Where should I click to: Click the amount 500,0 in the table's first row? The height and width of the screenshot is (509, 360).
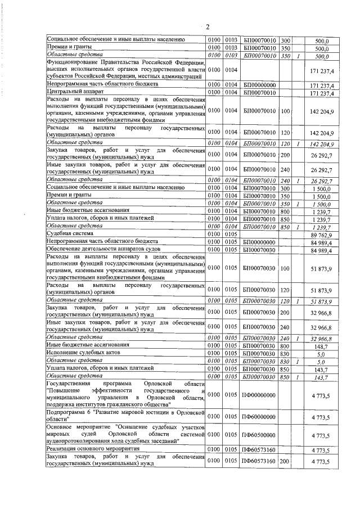pos(321,40)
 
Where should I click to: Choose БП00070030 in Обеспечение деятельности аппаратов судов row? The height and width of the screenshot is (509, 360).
pos(258,249)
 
